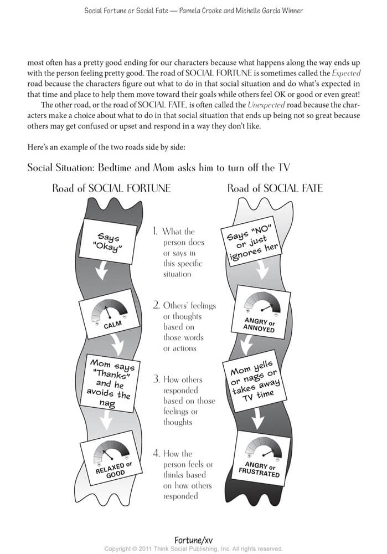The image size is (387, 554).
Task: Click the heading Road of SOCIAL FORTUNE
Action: pyautogui.click(x=111, y=189)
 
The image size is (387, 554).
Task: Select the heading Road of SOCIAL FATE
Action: pyautogui.click(x=275, y=189)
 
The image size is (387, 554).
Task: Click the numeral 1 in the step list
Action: pyautogui.click(x=156, y=232)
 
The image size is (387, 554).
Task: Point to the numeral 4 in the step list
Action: pyautogui.click(x=157, y=454)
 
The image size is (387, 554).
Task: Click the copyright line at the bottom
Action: pyautogui.click(x=193, y=548)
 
